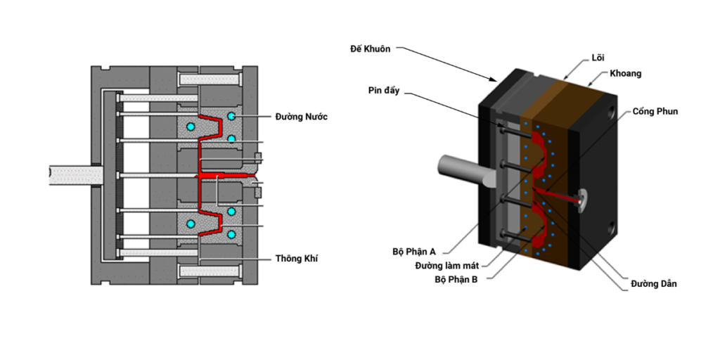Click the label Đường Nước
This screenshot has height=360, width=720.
pos(301,117)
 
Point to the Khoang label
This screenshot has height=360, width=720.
pos(626,73)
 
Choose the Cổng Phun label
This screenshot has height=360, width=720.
pos(655,111)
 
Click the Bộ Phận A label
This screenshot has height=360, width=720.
pos(414,251)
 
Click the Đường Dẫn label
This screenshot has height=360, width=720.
pos(654,283)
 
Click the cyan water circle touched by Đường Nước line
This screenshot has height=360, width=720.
pos(231,116)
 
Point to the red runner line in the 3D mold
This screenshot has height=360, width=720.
pos(559,196)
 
